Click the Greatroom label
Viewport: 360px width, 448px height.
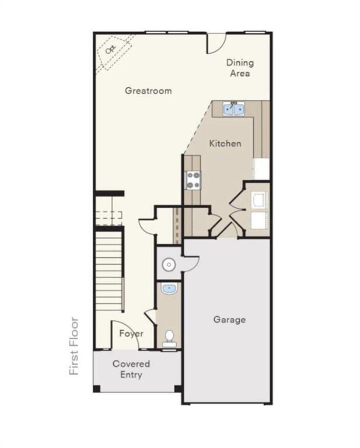tap(148, 90)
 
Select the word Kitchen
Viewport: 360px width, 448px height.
tap(225, 143)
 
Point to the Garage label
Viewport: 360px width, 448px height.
tap(229, 320)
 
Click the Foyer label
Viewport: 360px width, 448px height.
tap(131, 334)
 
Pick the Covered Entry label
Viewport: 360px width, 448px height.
tap(131, 369)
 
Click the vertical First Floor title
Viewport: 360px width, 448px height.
tap(74, 346)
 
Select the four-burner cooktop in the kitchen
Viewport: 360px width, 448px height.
tap(193, 180)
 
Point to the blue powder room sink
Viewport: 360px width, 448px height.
tap(169, 288)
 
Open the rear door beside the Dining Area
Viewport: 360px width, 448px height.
tap(216, 43)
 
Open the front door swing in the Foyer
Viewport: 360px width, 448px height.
tap(121, 335)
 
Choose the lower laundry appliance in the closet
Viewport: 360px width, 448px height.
tap(258, 220)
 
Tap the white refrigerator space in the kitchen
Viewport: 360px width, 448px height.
tap(261, 169)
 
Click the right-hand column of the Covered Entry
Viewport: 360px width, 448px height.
tap(178, 388)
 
